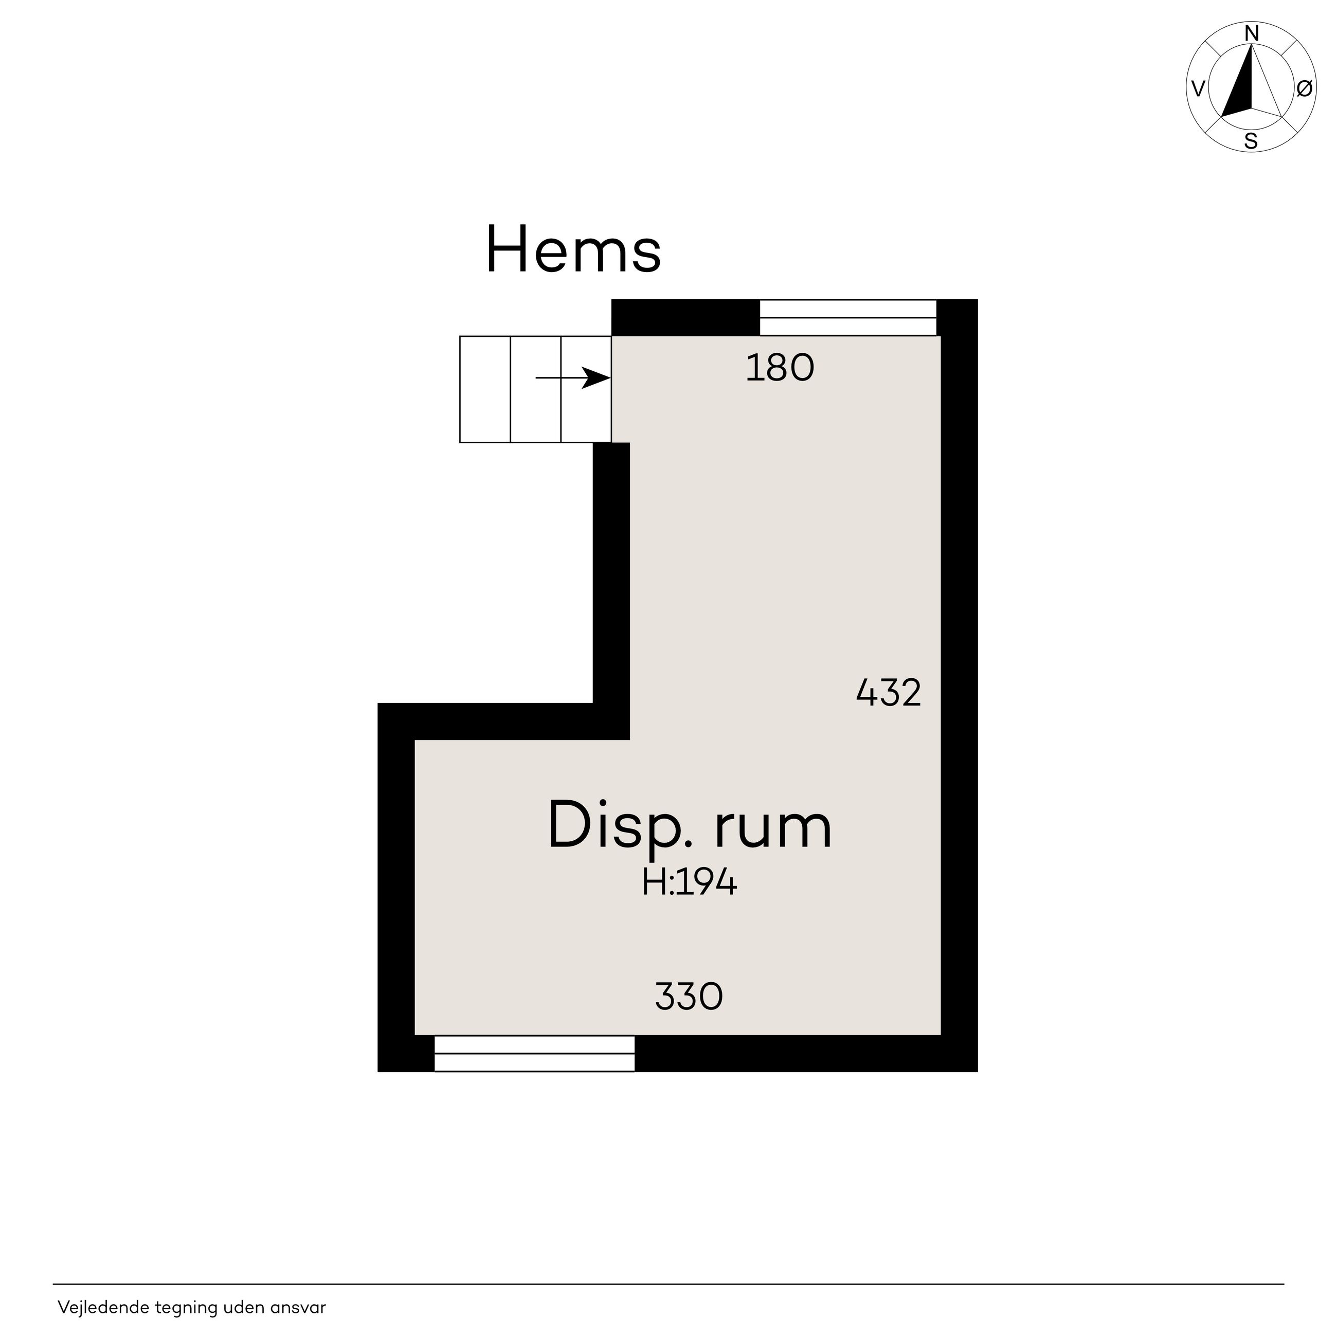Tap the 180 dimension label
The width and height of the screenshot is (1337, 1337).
point(780,369)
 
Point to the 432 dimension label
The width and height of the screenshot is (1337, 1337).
point(889,693)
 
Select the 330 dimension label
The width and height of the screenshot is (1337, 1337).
point(689,997)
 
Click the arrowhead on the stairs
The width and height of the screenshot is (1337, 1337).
point(596,378)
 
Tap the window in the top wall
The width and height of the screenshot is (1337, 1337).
point(848,318)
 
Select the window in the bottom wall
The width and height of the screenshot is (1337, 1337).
point(534,1054)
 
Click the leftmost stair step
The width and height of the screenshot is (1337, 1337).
point(485,389)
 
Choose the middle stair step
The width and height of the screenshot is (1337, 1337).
point(536,389)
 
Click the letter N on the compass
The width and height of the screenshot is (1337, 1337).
point(1251,33)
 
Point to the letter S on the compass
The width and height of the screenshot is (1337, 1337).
point(1251,142)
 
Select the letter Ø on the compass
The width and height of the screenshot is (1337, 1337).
point(1304,88)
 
